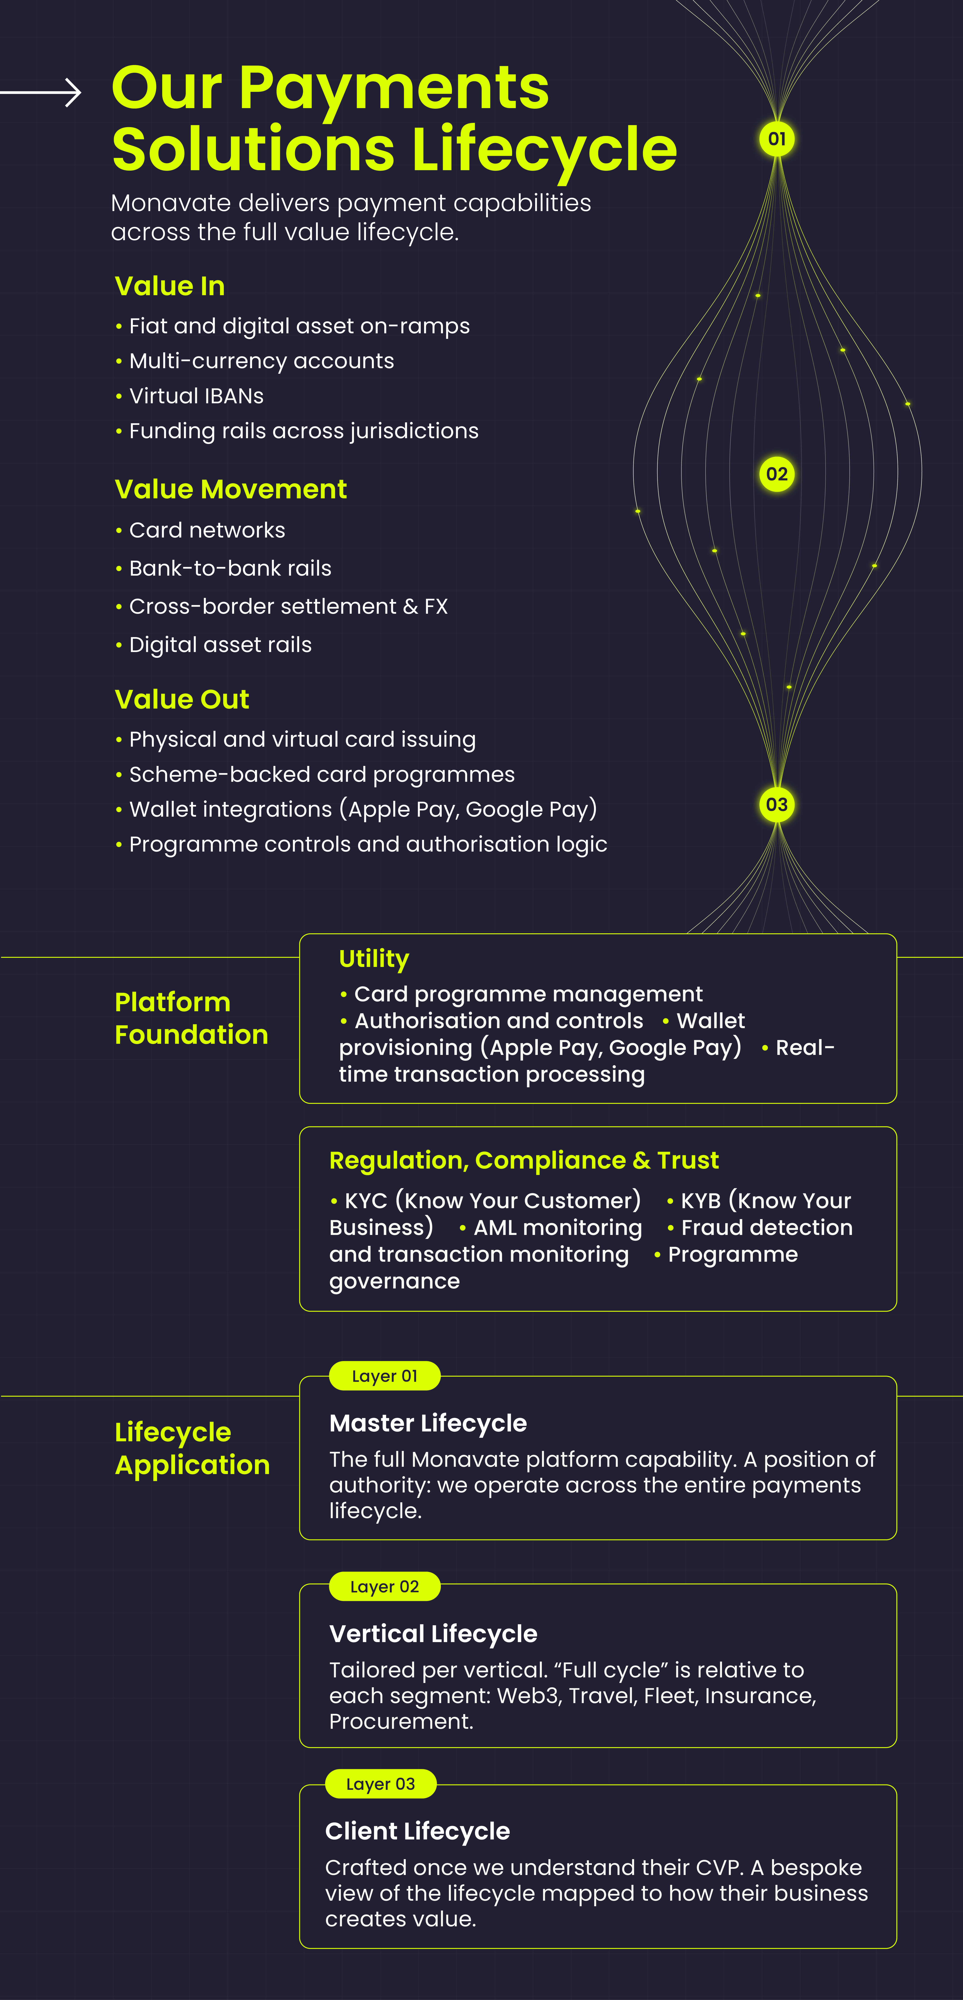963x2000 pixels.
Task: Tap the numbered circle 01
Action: coord(777,139)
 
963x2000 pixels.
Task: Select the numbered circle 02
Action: coord(777,474)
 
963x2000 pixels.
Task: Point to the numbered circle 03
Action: coord(777,804)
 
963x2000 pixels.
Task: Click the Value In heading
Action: coord(170,286)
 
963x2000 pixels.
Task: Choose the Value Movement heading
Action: coord(230,489)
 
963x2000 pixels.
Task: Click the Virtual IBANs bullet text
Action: coord(196,396)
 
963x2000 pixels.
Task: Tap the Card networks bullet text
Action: coord(207,530)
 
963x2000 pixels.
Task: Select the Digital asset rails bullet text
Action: coord(220,644)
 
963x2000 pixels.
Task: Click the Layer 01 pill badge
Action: coord(385,1376)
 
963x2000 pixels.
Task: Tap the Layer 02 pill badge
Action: coord(385,1586)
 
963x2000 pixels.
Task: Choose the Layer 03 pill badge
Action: coord(380,1783)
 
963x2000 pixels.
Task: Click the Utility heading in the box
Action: coord(374,959)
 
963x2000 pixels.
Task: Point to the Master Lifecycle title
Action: coord(428,1423)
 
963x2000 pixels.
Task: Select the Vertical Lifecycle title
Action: coord(433,1634)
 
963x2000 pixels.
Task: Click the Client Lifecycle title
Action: coord(418,1831)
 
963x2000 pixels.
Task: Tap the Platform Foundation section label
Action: coord(191,1018)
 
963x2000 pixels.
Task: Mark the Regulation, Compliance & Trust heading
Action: coord(524,1160)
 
